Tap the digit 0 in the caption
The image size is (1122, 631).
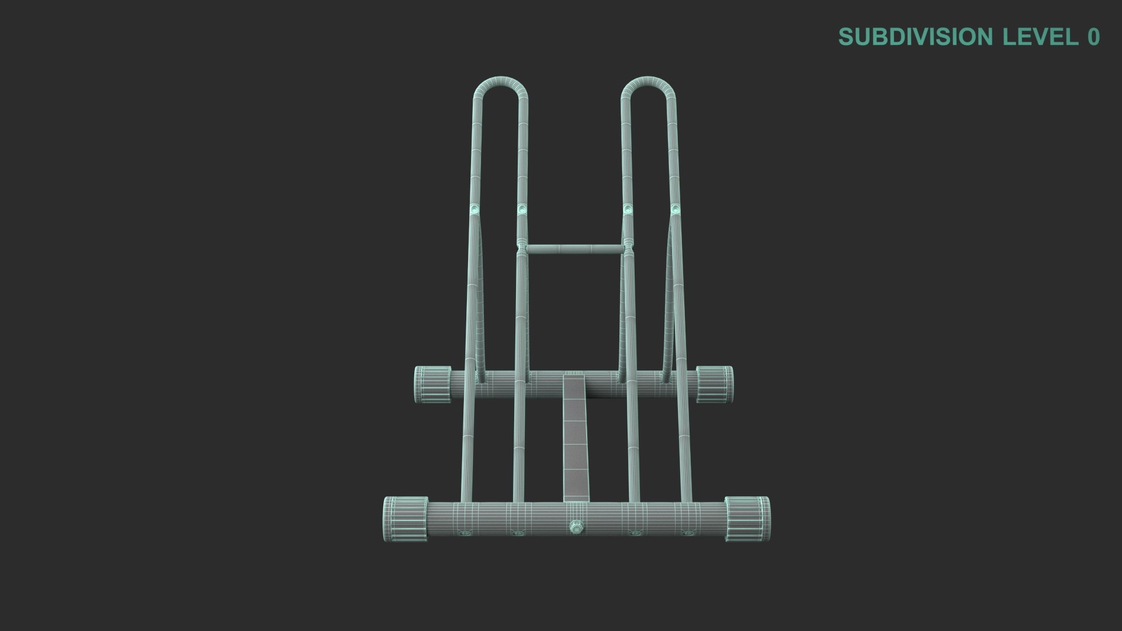pyautogui.click(x=1093, y=37)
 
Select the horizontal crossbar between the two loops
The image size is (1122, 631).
pyautogui.click(x=573, y=249)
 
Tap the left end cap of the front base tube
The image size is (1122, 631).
pyautogui.click(x=405, y=518)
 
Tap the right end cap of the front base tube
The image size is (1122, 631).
pyautogui.click(x=747, y=518)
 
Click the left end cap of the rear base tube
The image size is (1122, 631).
pyautogui.click(x=432, y=384)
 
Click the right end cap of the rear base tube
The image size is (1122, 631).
pyautogui.click(x=715, y=384)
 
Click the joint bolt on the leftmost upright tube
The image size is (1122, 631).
pyautogui.click(x=474, y=209)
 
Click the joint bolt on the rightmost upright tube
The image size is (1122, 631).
pyautogui.click(x=676, y=208)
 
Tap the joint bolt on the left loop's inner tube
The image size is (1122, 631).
pyautogui.click(x=522, y=208)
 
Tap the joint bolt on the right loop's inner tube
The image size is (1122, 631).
pyautogui.click(x=628, y=208)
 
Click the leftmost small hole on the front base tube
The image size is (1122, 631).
pyautogui.click(x=465, y=533)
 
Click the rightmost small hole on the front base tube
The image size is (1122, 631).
pyautogui.click(x=687, y=533)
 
